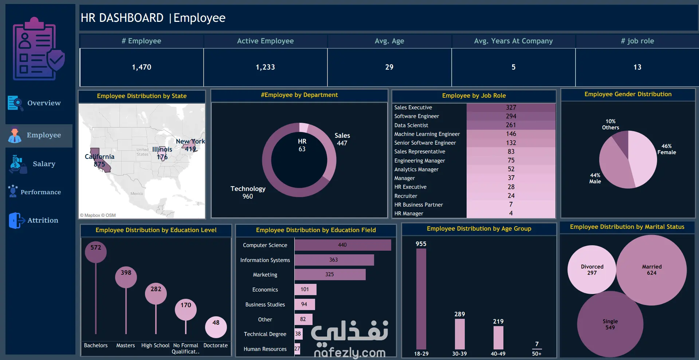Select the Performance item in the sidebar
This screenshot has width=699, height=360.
coord(35,192)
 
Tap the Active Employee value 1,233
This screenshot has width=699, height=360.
coord(265,67)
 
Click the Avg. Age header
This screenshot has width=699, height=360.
coord(389,41)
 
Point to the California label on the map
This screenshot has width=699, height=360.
coord(99,157)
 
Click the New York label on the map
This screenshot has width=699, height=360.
coord(190,141)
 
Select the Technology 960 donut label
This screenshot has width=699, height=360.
coord(248,192)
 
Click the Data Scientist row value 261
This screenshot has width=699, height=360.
coord(511,125)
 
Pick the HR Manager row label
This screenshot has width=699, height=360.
coord(409,214)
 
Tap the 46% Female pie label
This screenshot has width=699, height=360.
coord(667,149)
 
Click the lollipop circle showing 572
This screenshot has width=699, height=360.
coord(96,252)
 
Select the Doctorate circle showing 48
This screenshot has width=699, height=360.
coord(216,327)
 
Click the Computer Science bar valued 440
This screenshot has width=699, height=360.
coord(343,245)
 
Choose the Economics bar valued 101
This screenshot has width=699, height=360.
coord(305,289)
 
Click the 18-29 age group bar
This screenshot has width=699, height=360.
coord(421,299)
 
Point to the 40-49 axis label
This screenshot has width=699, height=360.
coord(498,353)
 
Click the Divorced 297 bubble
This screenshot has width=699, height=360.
coord(592,270)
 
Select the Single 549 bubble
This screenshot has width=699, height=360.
coord(610,324)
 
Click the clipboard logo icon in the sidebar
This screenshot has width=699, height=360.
coord(39,49)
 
